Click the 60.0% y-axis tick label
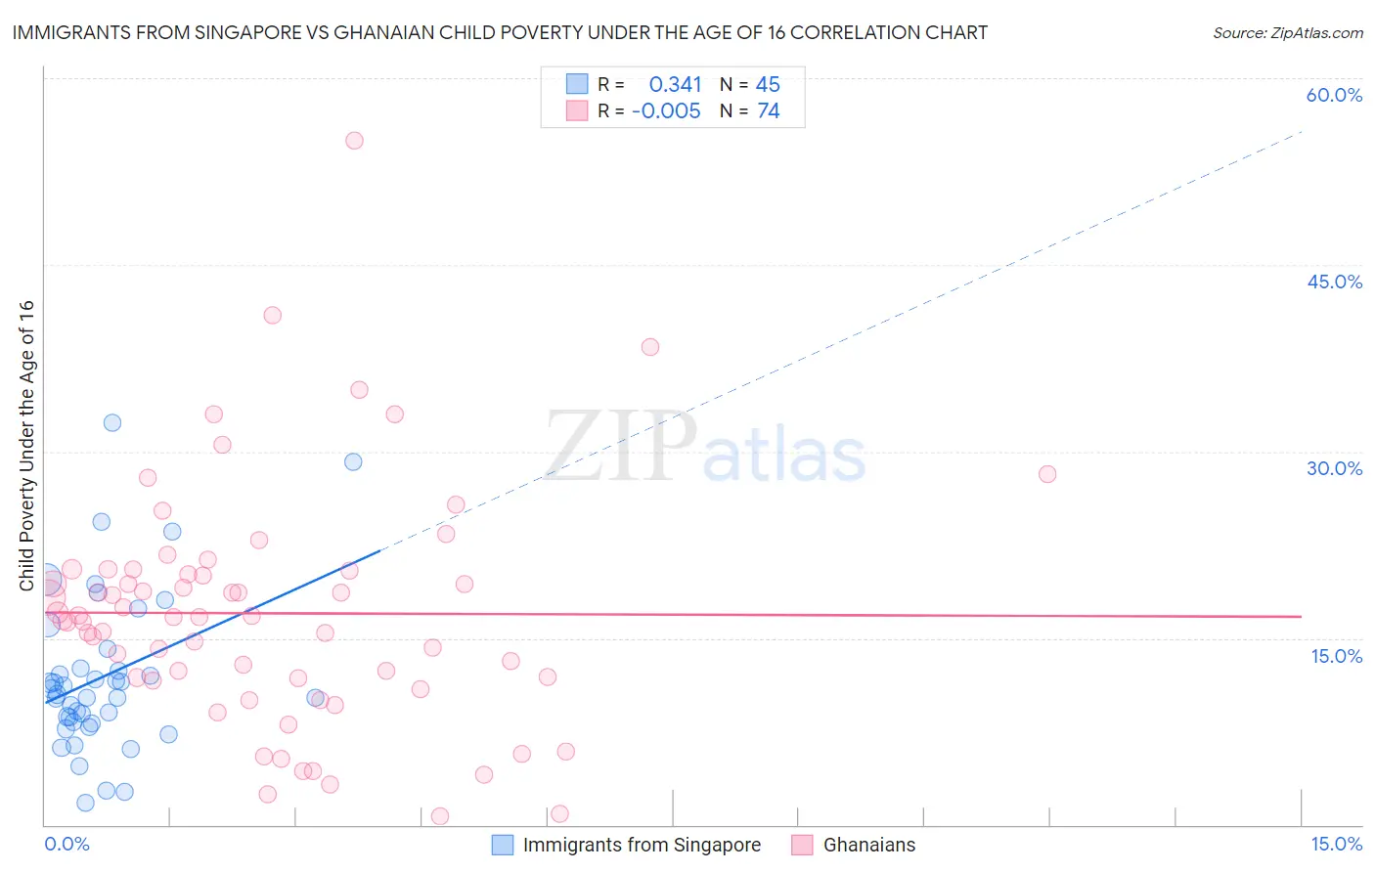[1334, 95]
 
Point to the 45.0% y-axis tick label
[1334, 282]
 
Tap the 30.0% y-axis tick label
[1334, 468]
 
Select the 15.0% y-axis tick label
[1336, 656]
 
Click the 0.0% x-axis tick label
[67, 844]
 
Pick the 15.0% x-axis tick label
[1336, 844]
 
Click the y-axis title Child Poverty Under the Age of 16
[26, 446]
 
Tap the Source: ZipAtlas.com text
[1287, 32]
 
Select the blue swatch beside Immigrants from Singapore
[503, 845]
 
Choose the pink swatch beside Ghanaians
[802, 845]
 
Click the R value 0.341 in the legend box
[675, 84]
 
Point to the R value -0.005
[666, 110]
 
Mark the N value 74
[769, 110]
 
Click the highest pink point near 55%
[354, 141]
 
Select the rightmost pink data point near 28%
[1047, 474]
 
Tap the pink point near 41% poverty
[273, 315]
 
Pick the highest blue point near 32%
[112, 422]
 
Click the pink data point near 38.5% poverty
[650, 347]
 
